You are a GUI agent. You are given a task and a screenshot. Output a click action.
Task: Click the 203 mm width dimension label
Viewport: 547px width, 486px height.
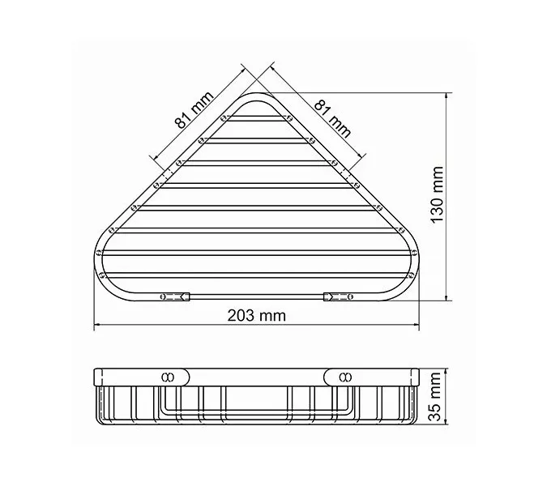pos(259,316)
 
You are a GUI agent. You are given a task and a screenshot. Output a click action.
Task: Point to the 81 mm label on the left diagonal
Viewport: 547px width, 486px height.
pos(194,111)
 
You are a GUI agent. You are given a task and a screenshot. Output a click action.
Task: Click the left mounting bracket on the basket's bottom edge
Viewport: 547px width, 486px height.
pos(175,297)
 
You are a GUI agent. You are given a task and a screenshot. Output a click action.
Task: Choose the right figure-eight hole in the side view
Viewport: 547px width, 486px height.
pos(345,377)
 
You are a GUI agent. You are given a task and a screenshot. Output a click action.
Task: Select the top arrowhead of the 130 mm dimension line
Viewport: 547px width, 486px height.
pos(448,96)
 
